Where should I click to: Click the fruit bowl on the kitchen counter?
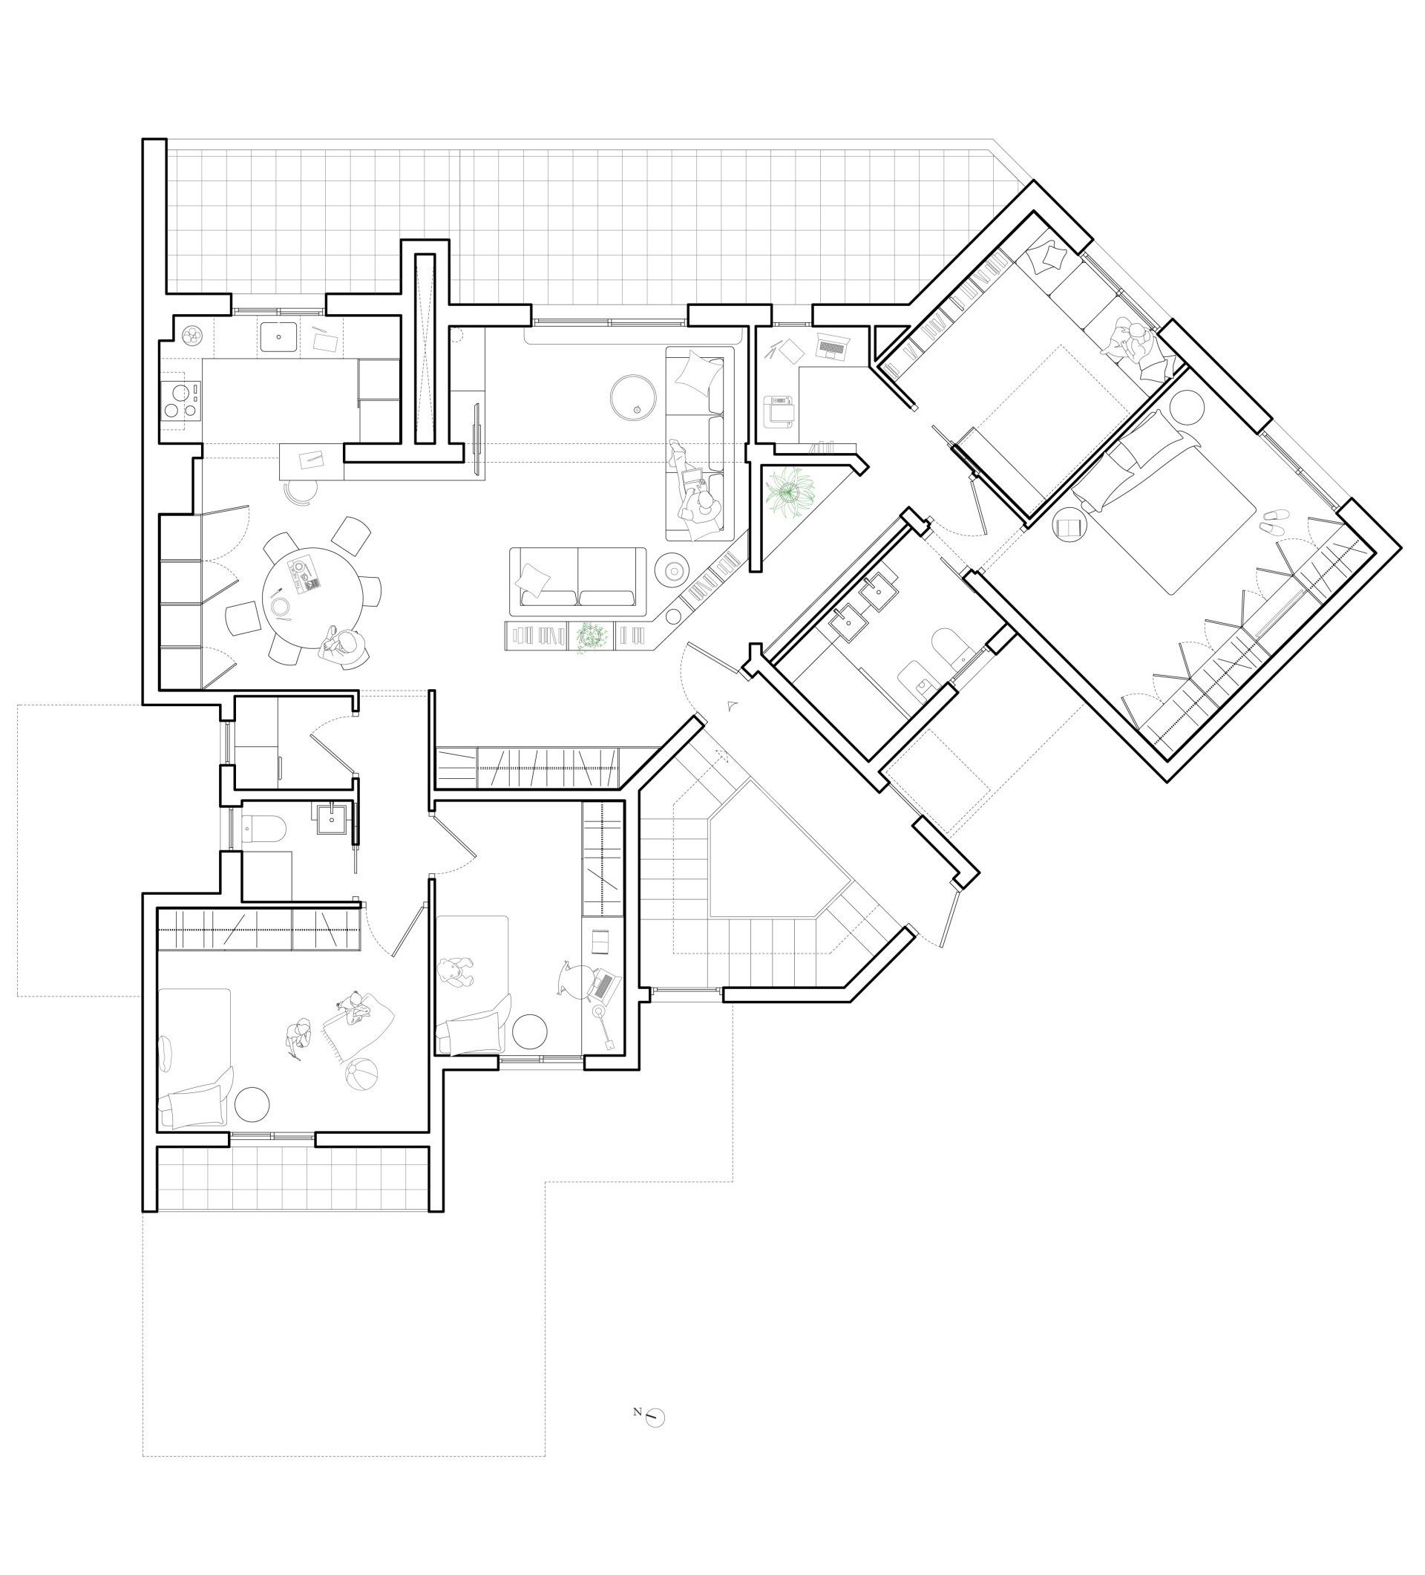tap(191, 336)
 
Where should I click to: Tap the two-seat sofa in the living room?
tap(578, 580)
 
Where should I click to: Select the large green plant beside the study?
tap(790, 492)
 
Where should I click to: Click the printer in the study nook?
tap(779, 411)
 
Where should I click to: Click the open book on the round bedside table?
tap(1067, 527)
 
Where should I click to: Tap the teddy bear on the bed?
tap(454, 973)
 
